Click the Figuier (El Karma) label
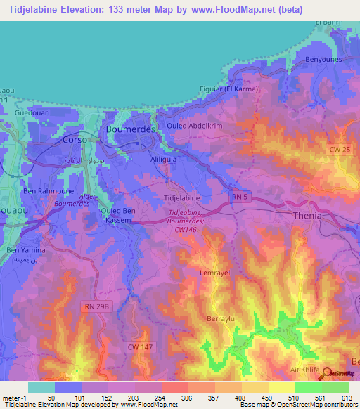coord(229,89)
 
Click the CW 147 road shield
coord(139,346)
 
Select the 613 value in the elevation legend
coord(345,396)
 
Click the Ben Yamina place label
coord(26,250)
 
